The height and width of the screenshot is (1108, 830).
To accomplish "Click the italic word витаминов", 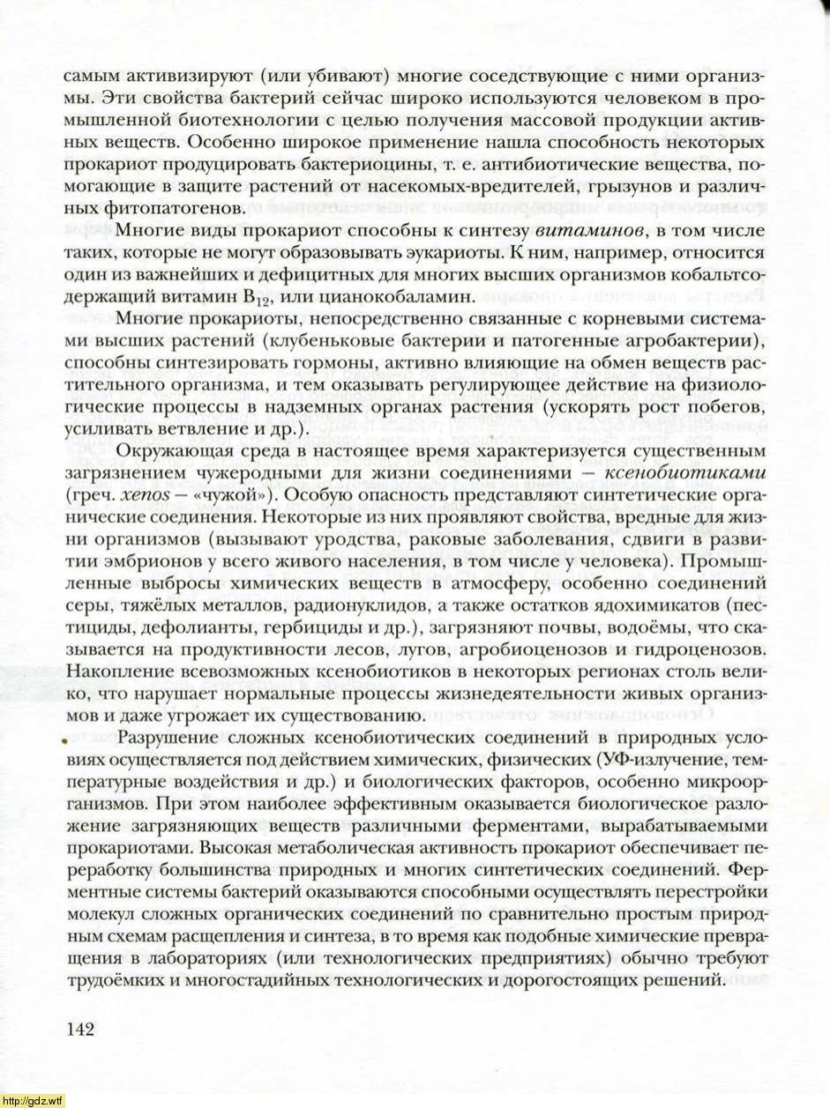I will [575, 232].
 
